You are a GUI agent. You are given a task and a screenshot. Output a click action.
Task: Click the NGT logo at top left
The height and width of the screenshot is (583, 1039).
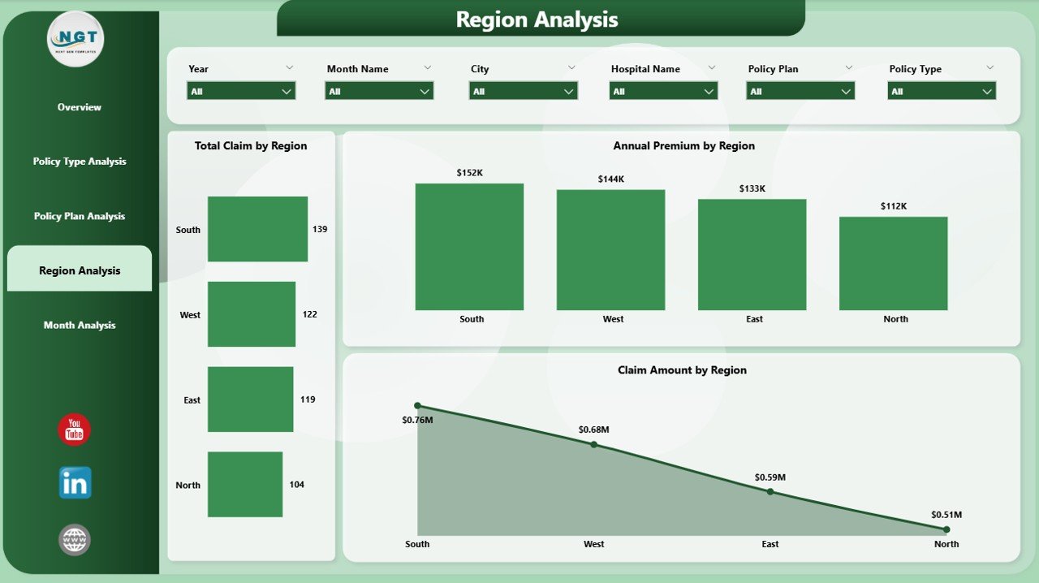point(75,39)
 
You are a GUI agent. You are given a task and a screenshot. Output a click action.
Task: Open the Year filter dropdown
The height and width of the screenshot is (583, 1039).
point(241,91)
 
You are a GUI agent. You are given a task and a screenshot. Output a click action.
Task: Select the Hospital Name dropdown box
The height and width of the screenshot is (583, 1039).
point(663,91)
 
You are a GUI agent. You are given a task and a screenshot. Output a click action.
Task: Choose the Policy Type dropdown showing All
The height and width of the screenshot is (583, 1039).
point(942,91)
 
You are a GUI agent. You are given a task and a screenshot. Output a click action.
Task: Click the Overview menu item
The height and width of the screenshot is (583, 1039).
point(80,107)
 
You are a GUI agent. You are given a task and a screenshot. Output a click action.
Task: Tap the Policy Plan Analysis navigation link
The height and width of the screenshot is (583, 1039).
point(80,216)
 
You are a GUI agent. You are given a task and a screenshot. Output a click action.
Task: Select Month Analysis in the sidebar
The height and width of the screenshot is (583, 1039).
point(80,325)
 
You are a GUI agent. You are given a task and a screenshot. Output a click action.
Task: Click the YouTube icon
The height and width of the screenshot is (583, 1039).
point(74,430)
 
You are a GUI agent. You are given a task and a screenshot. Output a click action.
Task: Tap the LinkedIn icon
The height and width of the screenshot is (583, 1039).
point(75,483)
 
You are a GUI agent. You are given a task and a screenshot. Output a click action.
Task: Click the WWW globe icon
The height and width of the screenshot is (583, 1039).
point(74,540)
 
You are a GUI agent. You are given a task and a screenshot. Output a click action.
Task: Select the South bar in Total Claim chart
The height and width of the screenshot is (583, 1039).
point(257,229)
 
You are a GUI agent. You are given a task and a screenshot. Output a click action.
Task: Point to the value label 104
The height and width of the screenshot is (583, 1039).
point(297,485)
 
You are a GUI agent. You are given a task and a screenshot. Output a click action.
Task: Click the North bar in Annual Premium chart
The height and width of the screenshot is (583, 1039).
point(894,263)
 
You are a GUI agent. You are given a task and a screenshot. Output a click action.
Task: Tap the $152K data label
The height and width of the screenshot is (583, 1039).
point(469,173)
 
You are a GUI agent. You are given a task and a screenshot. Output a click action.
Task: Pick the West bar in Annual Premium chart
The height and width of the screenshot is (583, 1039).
point(611,250)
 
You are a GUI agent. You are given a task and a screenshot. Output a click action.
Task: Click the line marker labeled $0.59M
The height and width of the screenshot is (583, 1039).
point(770,491)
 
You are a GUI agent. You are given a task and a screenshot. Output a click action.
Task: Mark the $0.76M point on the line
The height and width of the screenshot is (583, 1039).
point(417,406)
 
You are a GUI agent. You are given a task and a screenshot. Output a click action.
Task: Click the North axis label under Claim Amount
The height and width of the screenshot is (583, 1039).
point(946,544)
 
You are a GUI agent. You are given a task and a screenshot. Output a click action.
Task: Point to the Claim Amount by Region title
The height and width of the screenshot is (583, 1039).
point(682,370)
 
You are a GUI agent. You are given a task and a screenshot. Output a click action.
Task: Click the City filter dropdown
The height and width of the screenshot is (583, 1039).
point(524,91)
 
